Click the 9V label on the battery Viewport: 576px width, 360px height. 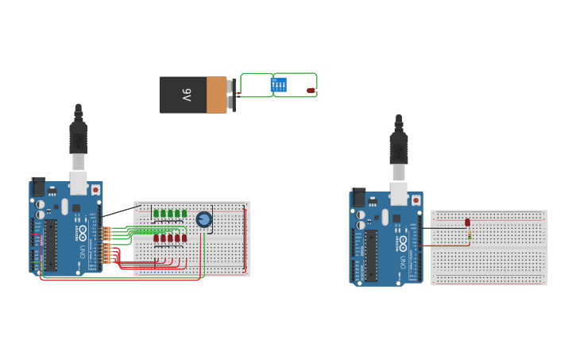[x=187, y=95]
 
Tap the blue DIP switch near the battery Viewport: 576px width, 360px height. [x=279, y=83]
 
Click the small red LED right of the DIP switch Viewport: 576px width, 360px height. [x=311, y=91]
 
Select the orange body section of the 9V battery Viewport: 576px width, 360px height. [x=216, y=95]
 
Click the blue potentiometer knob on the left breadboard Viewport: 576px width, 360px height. [x=204, y=219]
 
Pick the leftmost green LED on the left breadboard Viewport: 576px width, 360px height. [x=156, y=213]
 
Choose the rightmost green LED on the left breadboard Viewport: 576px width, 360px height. [x=184, y=213]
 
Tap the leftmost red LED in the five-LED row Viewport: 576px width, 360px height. [x=156, y=238]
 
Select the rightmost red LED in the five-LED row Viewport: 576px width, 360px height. [x=184, y=238]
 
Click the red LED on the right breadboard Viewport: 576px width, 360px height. [x=467, y=223]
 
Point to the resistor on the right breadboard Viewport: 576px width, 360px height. [x=470, y=235]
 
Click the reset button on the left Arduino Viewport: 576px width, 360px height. [x=95, y=190]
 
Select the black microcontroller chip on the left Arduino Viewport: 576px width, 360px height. [x=50, y=245]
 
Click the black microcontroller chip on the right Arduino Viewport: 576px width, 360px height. [x=370, y=255]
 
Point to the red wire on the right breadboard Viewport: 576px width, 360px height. [x=445, y=245]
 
